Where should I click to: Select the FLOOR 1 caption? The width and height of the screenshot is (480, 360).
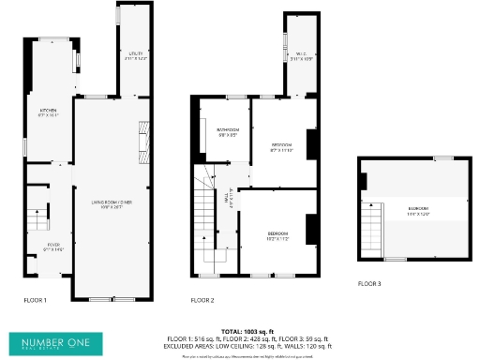[x=35, y=300]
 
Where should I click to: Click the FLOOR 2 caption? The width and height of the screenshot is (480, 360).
[x=202, y=300]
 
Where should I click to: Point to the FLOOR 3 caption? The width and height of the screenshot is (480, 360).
[x=369, y=283]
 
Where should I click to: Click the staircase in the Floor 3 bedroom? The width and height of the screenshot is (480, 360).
[x=373, y=230]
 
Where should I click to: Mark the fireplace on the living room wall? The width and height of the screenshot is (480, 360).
[x=142, y=141]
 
